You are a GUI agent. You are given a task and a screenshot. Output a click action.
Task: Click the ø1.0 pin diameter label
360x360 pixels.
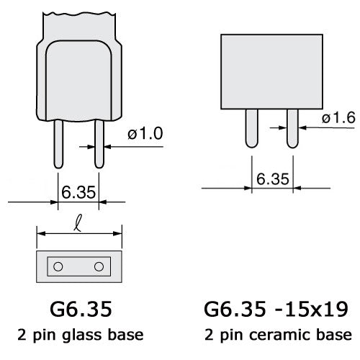click(145, 133)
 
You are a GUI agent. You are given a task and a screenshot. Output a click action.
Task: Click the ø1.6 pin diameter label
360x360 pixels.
click(338, 118)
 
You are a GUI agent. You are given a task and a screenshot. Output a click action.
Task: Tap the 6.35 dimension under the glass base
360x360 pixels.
click(78, 192)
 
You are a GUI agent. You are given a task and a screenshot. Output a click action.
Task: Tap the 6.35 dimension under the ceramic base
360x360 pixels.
click(273, 179)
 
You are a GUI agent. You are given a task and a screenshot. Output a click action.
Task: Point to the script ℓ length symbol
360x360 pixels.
click(78, 223)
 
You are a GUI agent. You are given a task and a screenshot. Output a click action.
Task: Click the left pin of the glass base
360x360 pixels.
click(58, 144)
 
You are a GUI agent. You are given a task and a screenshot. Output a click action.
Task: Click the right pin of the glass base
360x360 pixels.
click(99, 144)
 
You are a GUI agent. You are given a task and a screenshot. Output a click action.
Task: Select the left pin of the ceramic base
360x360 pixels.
click(252, 128)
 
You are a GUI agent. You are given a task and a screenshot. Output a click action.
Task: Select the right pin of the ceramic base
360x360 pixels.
click(292, 128)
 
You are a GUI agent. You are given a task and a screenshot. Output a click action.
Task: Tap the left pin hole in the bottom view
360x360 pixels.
click(58, 266)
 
